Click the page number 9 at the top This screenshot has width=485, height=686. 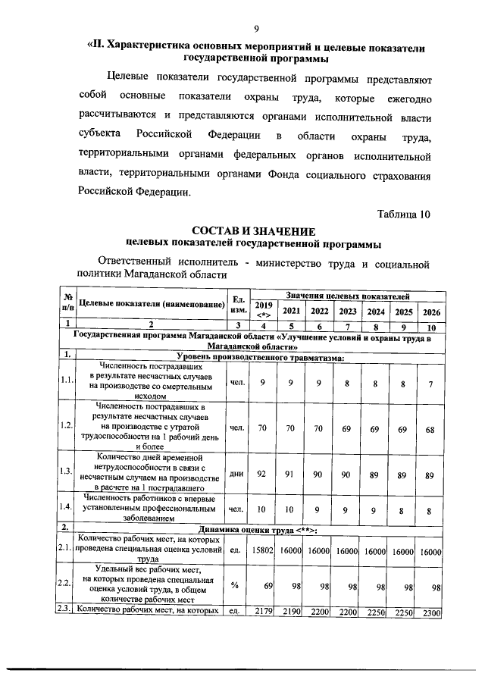click(257, 29)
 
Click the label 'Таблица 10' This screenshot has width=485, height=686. click(403, 213)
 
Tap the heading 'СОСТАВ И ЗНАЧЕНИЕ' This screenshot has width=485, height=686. click(254, 230)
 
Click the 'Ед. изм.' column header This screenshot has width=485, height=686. click(239, 305)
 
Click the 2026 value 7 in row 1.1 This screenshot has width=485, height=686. click(430, 382)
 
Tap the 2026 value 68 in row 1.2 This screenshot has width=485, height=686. click(430, 428)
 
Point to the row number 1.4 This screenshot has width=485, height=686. click(67, 506)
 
